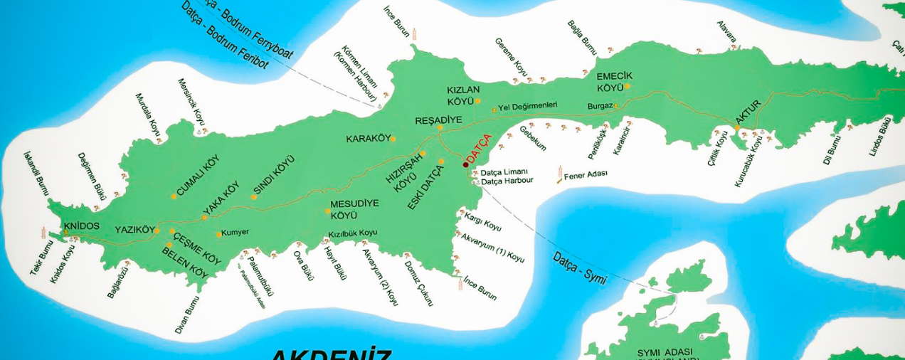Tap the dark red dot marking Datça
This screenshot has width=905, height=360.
pyautogui.click(x=465, y=164)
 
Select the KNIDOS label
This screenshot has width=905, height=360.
pyautogui.click(x=81, y=226)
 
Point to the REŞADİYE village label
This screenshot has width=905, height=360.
pyautogui.click(x=438, y=120)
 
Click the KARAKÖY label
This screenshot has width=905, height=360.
pyautogui.click(x=366, y=138)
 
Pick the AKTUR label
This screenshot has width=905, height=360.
pyautogui.click(x=748, y=113)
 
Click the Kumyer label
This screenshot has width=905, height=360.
pyautogui.click(x=235, y=233)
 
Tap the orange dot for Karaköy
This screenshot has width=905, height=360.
pyautogui.click(x=393, y=139)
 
